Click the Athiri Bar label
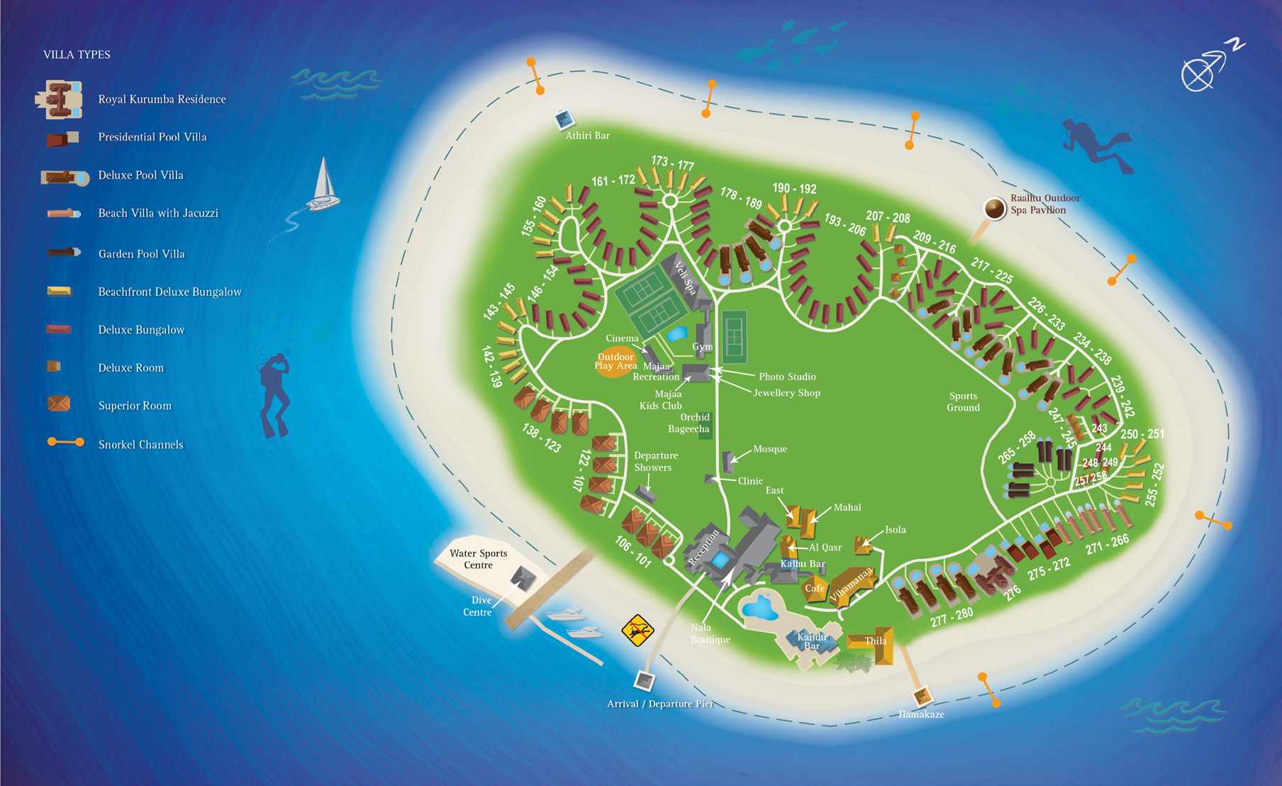point(587,135)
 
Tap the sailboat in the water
point(323,186)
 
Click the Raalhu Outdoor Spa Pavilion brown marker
point(995,209)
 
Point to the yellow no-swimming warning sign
point(637,630)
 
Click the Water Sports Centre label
point(479,559)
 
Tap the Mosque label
point(770,449)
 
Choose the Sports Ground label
point(963,402)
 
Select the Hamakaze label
point(921,714)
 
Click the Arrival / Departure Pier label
point(659,704)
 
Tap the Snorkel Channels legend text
point(140,445)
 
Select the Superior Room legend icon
point(58,404)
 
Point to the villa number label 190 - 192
point(794,188)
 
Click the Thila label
point(876,641)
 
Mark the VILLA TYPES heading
point(77,55)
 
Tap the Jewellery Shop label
point(786,393)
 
